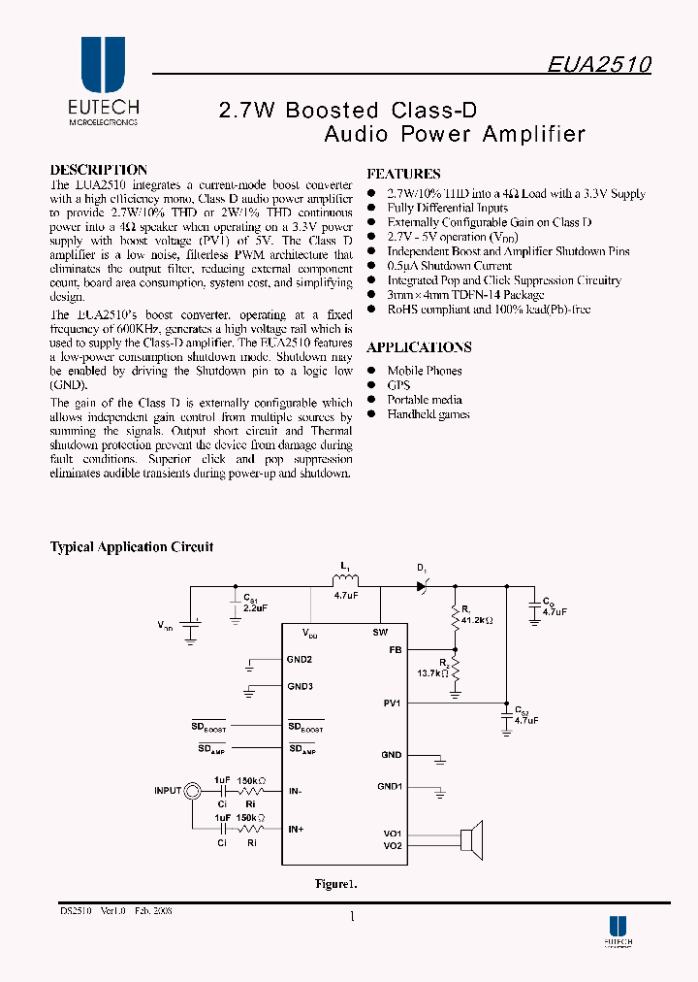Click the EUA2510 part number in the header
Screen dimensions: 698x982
pos(598,64)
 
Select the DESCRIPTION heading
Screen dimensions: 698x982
pos(99,170)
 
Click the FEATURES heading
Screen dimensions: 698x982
pos(403,175)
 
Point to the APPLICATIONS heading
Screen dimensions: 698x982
pos(419,347)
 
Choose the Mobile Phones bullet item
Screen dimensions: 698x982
pos(425,371)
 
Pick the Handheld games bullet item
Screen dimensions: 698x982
pos(428,414)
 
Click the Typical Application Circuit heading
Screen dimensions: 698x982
pos(132,547)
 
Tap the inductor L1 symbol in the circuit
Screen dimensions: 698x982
pos(344,581)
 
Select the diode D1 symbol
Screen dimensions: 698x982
pos(422,585)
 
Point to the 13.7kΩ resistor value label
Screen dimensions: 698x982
pos(430,671)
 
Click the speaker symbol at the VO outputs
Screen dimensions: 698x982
pos(471,838)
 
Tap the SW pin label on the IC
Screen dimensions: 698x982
pos(380,632)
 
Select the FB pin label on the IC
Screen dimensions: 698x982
pos(395,650)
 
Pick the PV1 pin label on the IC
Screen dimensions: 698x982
pos(392,703)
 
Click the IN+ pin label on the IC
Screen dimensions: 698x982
pos(296,829)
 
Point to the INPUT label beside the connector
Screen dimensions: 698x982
pos(168,791)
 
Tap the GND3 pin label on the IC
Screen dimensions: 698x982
pos(300,687)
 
